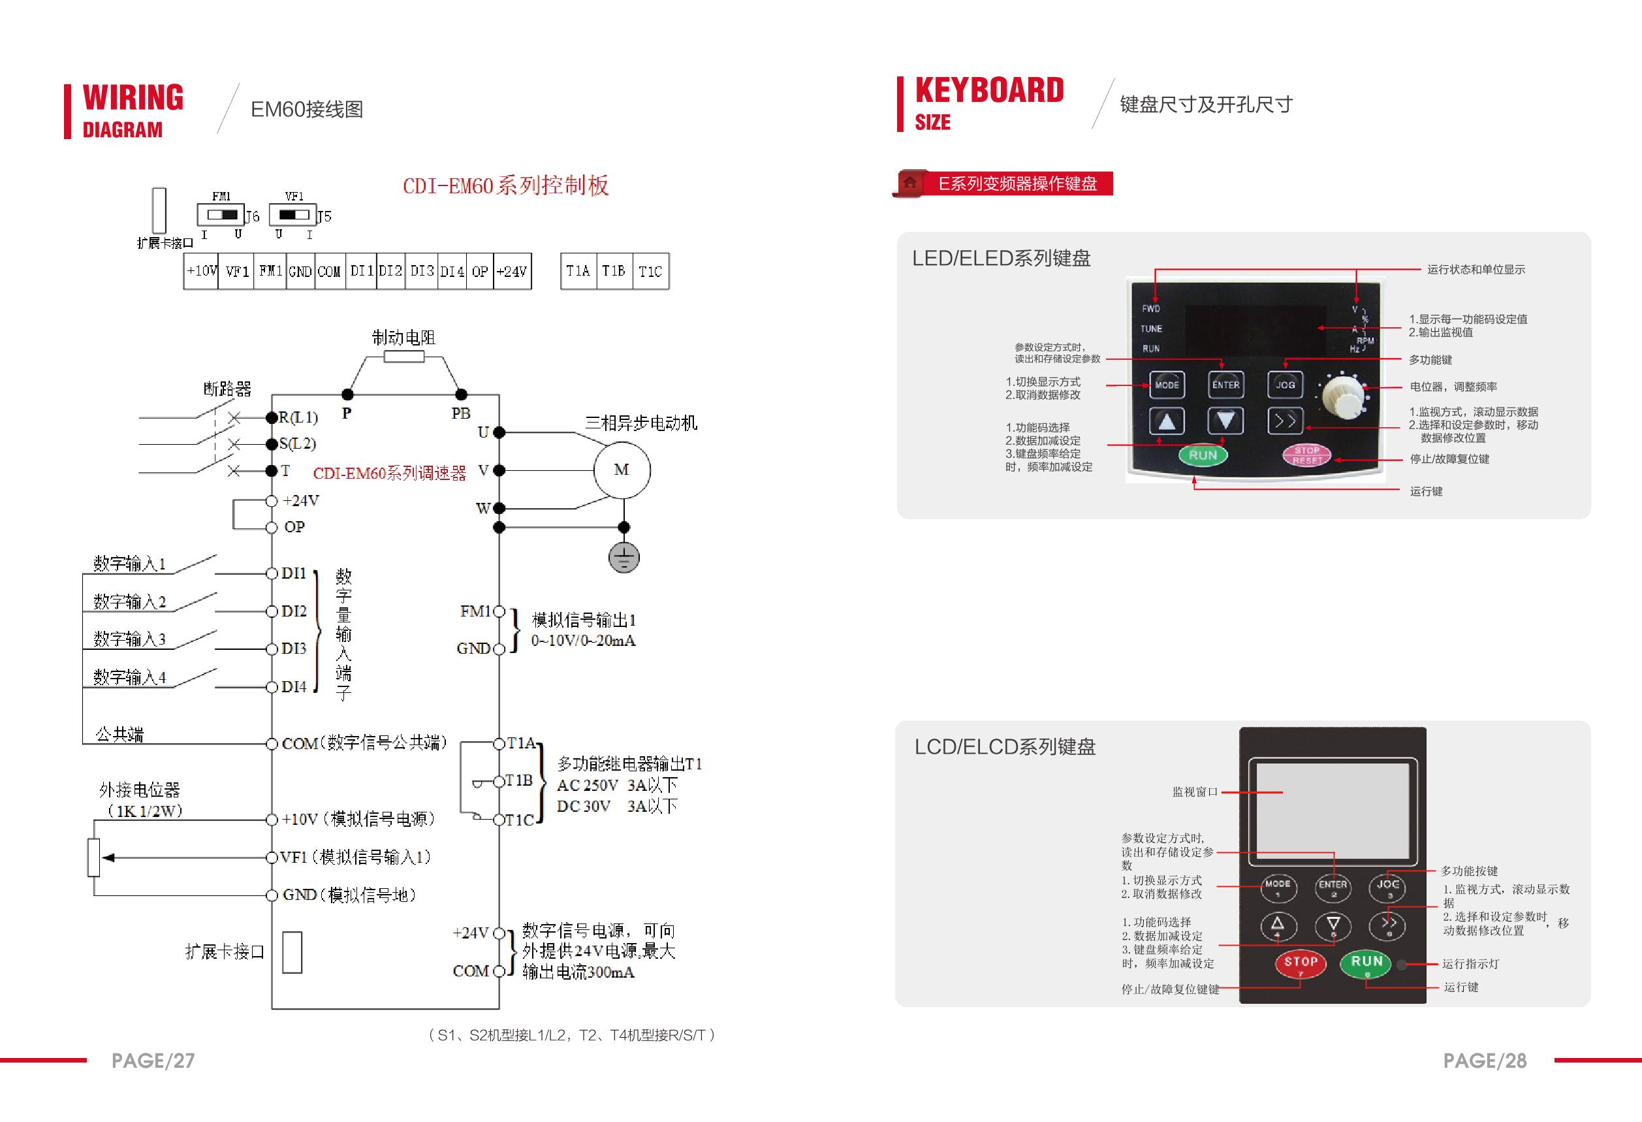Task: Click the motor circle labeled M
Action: click(622, 470)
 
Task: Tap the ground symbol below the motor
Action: click(623, 558)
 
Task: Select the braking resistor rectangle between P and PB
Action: click(404, 357)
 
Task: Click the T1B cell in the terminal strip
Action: click(613, 271)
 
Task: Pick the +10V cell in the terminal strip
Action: click(201, 271)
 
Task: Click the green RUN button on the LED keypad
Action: click(1203, 455)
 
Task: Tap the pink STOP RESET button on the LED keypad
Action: click(1306, 455)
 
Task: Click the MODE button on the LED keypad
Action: click(1167, 385)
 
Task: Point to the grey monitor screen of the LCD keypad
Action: click(1332, 810)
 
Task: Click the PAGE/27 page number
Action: click(153, 1061)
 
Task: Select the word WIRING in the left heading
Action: click(133, 97)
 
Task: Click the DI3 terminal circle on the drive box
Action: click(272, 649)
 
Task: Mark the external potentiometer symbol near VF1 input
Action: click(94, 857)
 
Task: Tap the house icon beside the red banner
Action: click(910, 183)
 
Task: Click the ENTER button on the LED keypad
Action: click(1226, 385)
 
